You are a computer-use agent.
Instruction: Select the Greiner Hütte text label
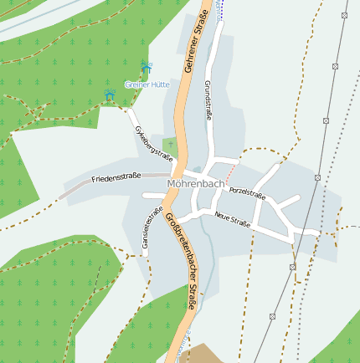tap(147, 84)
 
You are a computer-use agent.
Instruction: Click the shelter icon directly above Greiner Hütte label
tap(147, 67)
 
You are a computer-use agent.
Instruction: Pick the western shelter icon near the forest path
tap(110, 95)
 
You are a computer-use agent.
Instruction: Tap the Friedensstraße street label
tap(116, 178)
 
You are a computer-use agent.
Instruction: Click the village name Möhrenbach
tap(196, 183)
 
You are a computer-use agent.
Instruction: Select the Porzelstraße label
tap(247, 194)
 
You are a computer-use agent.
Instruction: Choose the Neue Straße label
tap(232, 220)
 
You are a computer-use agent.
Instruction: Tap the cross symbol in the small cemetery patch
tap(171, 145)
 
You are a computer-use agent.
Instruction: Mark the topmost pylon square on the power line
tap(344, 15)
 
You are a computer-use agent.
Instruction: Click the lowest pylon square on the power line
tap(272, 317)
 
